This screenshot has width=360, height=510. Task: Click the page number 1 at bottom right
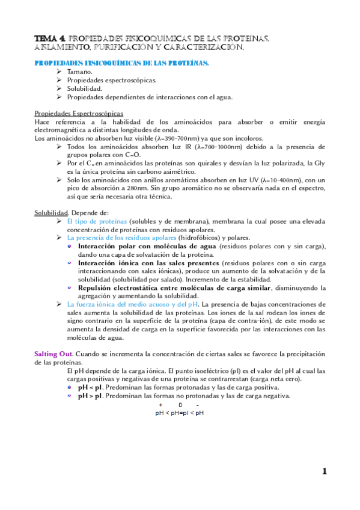tap(324, 472)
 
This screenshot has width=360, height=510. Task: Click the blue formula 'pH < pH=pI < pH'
tap(179, 413)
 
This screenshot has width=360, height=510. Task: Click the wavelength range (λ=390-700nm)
tap(169, 138)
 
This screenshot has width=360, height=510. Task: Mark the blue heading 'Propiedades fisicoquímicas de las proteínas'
tap(122, 62)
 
